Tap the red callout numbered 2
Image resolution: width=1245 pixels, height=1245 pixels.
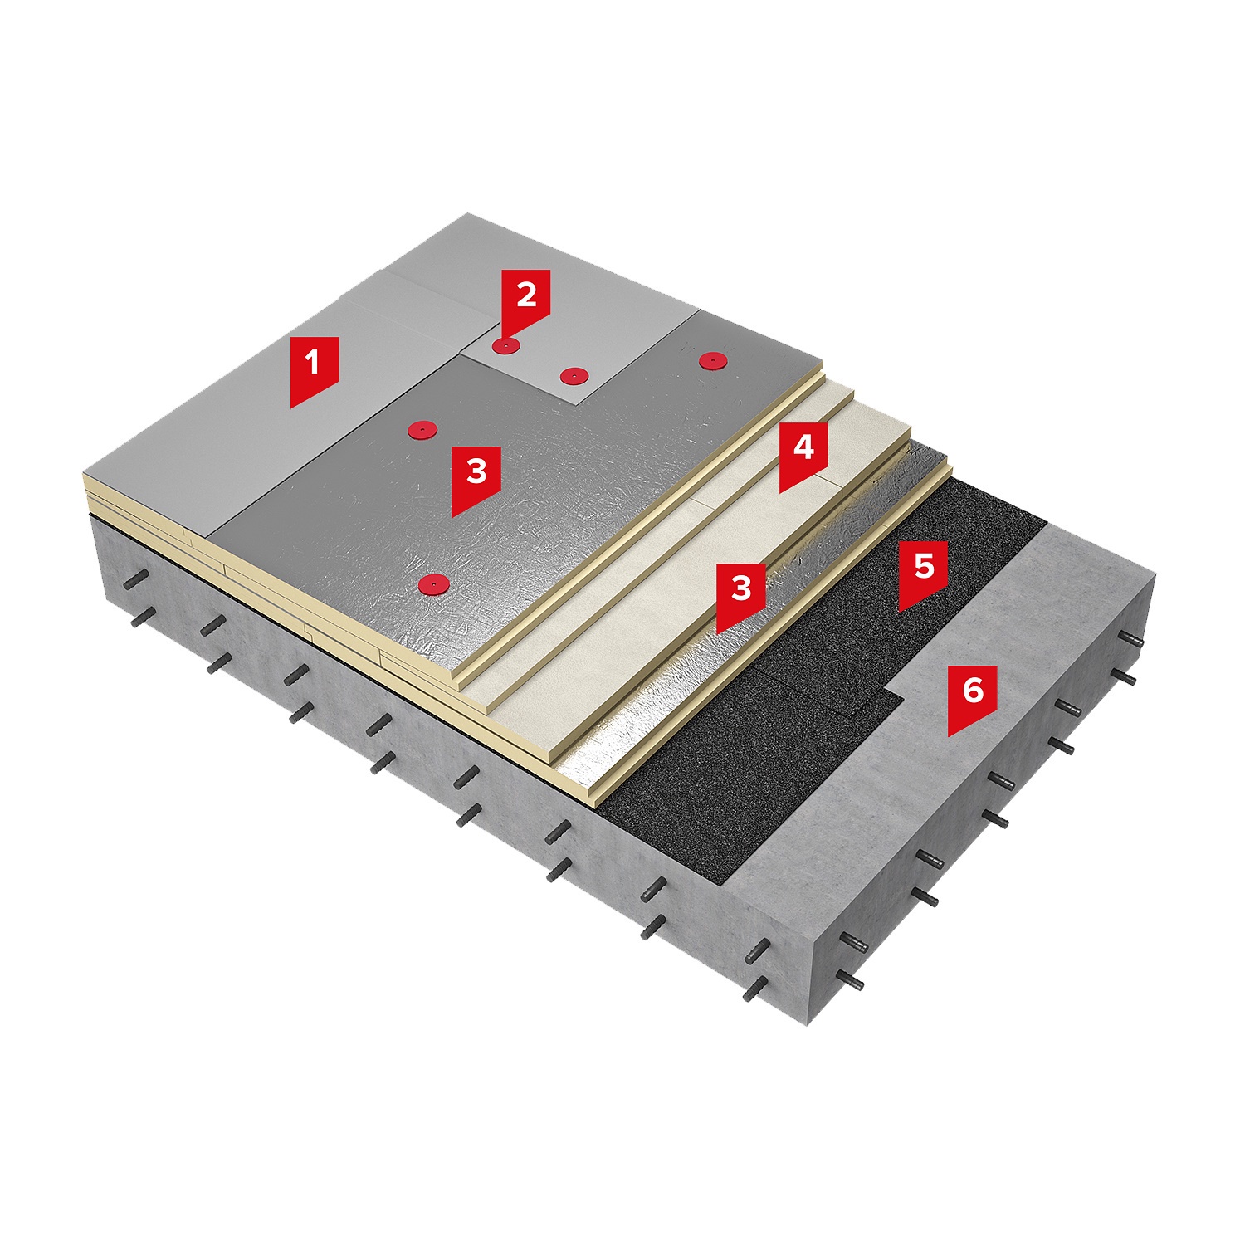point(526,300)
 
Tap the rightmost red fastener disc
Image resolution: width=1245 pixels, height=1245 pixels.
point(712,359)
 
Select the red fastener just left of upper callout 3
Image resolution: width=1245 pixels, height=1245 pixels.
point(423,429)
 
